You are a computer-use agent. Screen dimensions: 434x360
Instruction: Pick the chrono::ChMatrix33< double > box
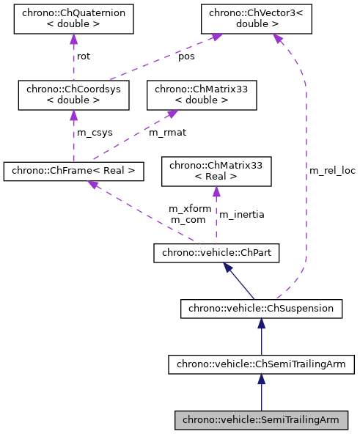pos(202,95)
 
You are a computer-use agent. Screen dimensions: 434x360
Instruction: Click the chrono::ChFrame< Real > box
pos(73,172)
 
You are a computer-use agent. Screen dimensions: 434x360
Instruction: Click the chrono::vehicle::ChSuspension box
pos(261,309)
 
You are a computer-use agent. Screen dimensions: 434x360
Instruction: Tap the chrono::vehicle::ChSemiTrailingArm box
pos(261,364)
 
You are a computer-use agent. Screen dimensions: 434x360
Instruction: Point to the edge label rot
pos(84,56)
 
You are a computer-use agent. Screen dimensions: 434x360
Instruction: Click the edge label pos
pos(186,56)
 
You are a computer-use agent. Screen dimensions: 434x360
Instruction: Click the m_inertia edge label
pos(242,214)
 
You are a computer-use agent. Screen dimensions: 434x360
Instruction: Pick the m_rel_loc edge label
pos(331,170)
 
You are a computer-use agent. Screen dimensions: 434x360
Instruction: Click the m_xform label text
pos(190,209)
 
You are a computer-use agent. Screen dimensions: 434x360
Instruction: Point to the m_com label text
pos(187,219)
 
